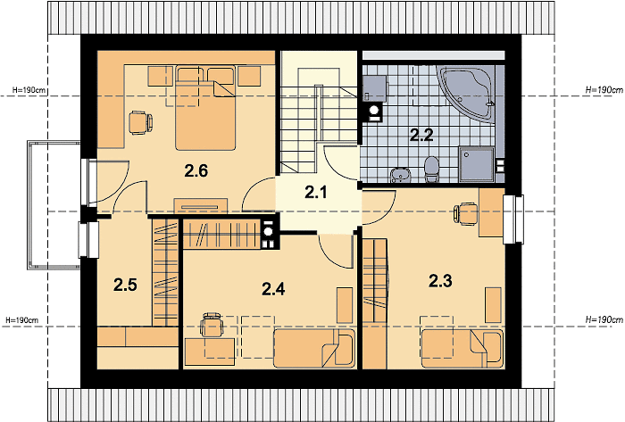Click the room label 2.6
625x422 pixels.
pyautogui.click(x=196, y=171)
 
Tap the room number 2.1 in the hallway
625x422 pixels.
pyautogui.click(x=316, y=193)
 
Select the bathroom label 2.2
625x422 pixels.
pyautogui.click(x=421, y=136)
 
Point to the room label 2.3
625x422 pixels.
pyautogui.click(x=440, y=281)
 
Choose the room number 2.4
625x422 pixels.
pyautogui.click(x=273, y=289)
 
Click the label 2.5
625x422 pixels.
pyautogui.click(x=125, y=285)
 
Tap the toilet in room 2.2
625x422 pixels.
pyautogui.click(x=431, y=170)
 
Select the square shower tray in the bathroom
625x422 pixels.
pyautogui.click(x=476, y=164)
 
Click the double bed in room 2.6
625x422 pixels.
pyautogui.click(x=205, y=108)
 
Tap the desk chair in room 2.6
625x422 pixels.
pyautogui.click(x=141, y=122)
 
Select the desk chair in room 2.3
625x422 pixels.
pyautogui.click(x=466, y=214)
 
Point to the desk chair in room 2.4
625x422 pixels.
pyautogui.click(x=212, y=324)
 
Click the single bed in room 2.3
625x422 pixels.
pyautogui.click(x=462, y=348)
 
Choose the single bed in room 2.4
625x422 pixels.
pyautogui.click(x=314, y=348)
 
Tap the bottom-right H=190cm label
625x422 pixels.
pyautogui.click(x=604, y=319)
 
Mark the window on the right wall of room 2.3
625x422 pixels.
pyautogui.click(x=513, y=219)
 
